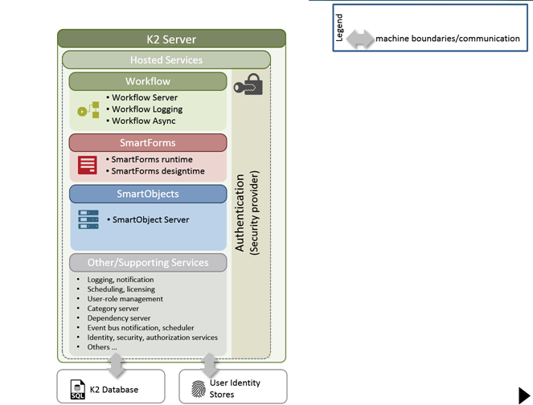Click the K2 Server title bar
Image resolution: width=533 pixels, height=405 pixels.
click(x=171, y=39)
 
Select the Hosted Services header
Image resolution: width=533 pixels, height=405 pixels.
click(x=166, y=59)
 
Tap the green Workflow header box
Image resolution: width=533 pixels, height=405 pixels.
click(x=148, y=81)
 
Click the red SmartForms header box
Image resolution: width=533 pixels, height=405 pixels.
click(x=148, y=143)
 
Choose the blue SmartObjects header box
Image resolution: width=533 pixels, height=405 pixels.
click(x=148, y=194)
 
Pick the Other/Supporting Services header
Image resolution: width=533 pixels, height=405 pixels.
click(x=148, y=263)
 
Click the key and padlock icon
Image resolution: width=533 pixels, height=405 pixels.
click(x=248, y=84)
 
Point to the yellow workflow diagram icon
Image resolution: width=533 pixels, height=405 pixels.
click(x=88, y=110)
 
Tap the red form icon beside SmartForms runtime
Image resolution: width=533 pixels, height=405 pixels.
click(x=88, y=165)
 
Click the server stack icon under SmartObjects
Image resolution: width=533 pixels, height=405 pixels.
click(x=88, y=219)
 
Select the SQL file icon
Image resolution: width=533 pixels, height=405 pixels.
click(x=78, y=390)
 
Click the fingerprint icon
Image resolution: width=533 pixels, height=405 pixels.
click(x=199, y=389)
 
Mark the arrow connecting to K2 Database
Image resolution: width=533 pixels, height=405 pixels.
click(x=117, y=366)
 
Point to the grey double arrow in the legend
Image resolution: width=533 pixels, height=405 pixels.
click(x=360, y=39)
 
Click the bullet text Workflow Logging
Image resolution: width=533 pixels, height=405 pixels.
click(x=147, y=109)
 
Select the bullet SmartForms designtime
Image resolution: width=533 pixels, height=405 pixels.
click(x=158, y=171)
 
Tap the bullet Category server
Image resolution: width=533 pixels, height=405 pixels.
click(x=113, y=309)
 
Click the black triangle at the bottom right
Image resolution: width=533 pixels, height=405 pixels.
click(x=524, y=395)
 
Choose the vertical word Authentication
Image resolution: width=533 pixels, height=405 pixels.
click(x=240, y=213)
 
